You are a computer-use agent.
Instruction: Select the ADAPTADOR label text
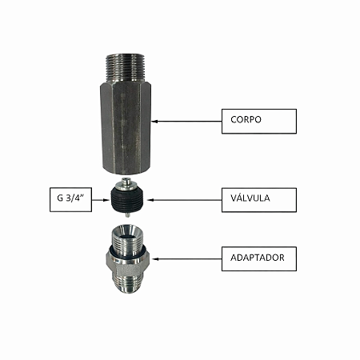tap(258, 258)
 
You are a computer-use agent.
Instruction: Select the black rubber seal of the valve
tap(128, 200)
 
